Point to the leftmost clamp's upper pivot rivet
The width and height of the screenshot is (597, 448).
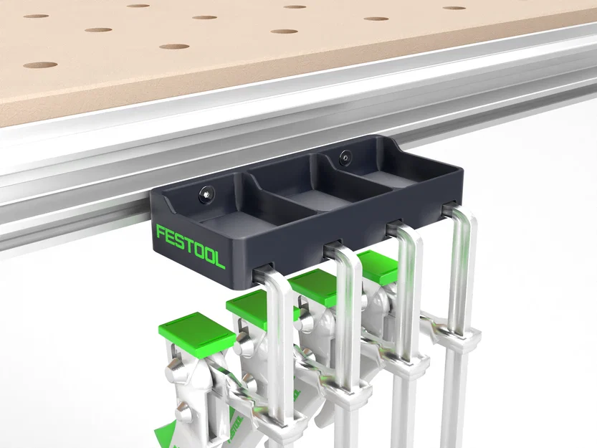pyautogui.click(x=176, y=373)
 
